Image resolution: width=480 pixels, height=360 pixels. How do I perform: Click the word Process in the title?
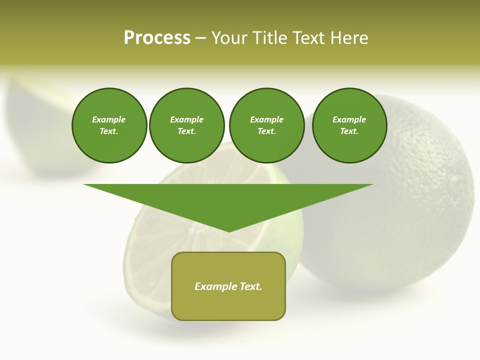tap(157, 38)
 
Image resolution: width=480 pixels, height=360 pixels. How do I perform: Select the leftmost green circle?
tap(109, 125)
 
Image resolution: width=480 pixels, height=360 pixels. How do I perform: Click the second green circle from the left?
tap(186, 125)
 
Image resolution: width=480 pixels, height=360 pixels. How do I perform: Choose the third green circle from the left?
tap(266, 125)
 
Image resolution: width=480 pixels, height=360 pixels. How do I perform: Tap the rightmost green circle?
tap(349, 125)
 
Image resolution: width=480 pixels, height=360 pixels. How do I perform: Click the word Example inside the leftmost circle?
tap(109, 119)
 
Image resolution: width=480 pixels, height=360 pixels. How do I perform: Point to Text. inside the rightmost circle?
tap(349, 131)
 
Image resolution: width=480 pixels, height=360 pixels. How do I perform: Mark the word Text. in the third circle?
tap(266, 131)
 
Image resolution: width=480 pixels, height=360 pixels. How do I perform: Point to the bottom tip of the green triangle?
tap(229, 230)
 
